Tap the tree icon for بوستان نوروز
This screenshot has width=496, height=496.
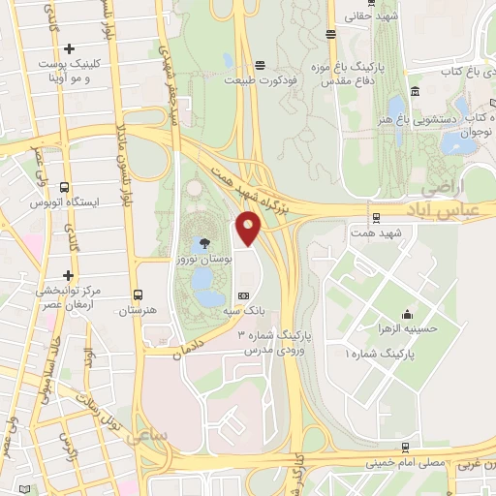[204, 243]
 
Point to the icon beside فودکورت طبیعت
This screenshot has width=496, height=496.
[258, 66]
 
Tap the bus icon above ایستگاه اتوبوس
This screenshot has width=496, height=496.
[65, 187]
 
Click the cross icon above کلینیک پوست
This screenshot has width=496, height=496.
[68, 48]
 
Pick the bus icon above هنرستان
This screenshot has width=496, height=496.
[137, 293]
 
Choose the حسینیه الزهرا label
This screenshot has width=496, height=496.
[408, 329]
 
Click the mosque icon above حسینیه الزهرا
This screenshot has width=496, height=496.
[408, 313]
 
